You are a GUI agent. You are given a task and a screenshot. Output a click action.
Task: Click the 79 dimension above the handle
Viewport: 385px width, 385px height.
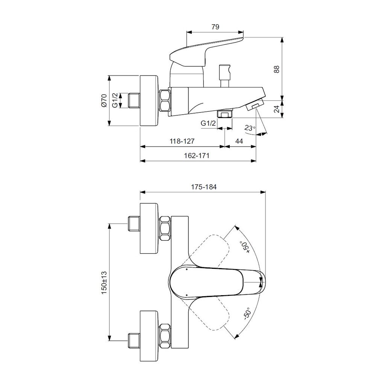215,27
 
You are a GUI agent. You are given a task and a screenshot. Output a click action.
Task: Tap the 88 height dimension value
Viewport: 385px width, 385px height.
277,69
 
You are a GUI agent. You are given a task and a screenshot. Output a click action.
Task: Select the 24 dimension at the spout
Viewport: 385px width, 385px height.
277,109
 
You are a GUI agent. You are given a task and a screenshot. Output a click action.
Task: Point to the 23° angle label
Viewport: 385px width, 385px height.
250,128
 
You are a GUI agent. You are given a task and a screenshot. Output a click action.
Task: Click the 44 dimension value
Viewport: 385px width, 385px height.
239,141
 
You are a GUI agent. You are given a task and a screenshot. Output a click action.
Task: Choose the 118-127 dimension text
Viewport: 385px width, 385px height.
182,141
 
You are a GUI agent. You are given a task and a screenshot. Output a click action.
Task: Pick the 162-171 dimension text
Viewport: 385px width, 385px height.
197,155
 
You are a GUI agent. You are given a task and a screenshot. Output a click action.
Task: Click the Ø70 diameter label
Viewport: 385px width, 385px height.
104,100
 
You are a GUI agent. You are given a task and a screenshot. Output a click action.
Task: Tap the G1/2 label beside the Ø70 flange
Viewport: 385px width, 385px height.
115,100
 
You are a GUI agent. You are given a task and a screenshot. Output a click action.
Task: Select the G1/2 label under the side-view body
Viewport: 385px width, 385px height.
208,123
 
